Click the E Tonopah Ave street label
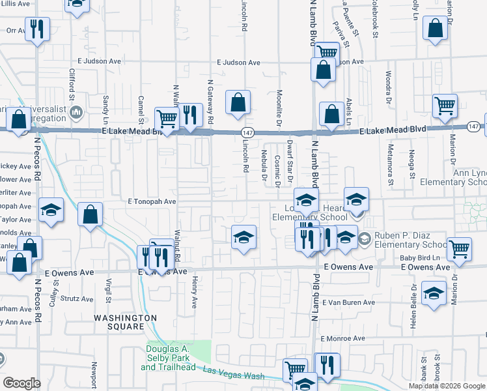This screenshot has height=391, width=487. point(147,202)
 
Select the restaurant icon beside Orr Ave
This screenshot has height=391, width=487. point(36,29)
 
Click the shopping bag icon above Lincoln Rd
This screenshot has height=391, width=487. point(238,102)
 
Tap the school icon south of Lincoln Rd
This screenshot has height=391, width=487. point(244,237)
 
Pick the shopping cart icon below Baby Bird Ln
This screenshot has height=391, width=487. point(460,248)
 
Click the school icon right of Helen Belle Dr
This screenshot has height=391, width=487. point(434,293)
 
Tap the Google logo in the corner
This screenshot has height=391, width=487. point(21,383)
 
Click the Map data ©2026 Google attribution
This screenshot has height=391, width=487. point(447,386)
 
